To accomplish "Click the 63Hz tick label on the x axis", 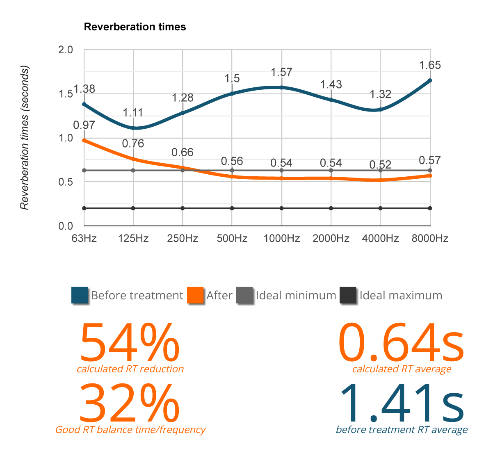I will coord(84,238).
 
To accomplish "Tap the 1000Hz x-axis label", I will coord(281,238).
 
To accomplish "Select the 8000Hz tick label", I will coord(430,238).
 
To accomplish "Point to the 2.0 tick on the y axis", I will coord(66,50).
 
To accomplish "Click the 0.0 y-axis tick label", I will coord(66,226).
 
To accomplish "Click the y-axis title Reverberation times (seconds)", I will coord(25,138).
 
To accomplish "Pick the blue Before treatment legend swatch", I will coord(80,296).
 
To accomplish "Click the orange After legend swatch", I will coord(195,296).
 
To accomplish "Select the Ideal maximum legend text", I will coord(401,296).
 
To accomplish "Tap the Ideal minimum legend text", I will coord(297,296).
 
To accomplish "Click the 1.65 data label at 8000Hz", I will coord(430,65).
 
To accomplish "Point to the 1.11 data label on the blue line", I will coord(133,113).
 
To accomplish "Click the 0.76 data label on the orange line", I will coord(133,144).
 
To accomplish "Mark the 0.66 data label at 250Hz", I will coord(183,153).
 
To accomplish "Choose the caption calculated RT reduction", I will coord(130,369).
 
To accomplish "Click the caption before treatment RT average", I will coord(402,430).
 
